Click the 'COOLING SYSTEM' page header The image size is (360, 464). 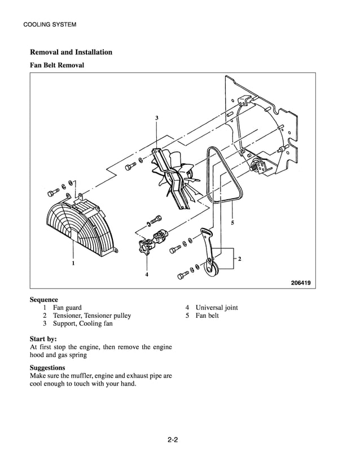[x=50, y=25]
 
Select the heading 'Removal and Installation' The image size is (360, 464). [x=71, y=52]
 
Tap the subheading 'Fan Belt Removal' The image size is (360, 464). [x=57, y=65]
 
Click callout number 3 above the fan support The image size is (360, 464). [x=157, y=118]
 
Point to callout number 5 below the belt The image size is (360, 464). [x=232, y=222]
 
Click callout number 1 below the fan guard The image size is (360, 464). [x=73, y=263]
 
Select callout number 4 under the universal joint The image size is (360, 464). [x=147, y=274]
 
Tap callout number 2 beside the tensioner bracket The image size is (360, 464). [x=240, y=259]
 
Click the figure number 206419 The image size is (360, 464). [x=301, y=283]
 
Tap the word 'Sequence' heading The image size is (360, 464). [x=44, y=300]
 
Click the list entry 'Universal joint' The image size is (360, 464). [x=217, y=308]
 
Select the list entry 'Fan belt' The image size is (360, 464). [x=207, y=316]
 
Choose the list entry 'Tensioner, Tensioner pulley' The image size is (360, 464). [x=92, y=316]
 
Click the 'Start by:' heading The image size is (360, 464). [x=43, y=339]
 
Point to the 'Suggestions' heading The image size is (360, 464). [x=47, y=368]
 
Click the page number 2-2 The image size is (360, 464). [x=173, y=440]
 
